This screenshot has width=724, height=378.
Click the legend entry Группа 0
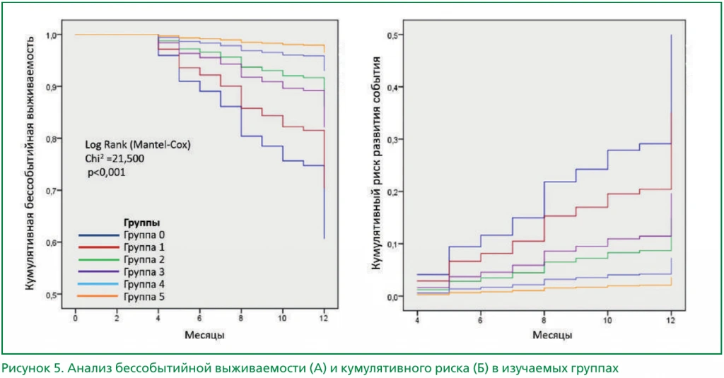(144, 235)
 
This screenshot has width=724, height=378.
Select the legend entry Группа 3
(144, 272)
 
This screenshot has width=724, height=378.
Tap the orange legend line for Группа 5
(98, 296)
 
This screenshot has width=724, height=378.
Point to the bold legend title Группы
(141, 223)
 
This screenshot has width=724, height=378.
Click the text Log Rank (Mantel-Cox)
(138, 145)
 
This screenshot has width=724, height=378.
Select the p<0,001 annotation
(106, 172)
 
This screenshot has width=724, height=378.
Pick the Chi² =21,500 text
(115, 159)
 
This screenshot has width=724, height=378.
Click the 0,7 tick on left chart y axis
(51, 191)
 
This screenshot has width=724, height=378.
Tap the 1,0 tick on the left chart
(51, 35)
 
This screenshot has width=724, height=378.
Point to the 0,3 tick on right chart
(393, 139)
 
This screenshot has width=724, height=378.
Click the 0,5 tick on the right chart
(393, 35)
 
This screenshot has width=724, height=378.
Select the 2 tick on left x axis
(117, 319)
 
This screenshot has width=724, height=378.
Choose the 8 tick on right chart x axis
(544, 321)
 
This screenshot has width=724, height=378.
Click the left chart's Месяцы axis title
(204, 335)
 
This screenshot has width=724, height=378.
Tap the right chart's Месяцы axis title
(552, 335)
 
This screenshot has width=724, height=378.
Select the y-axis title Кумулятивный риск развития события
(376, 163)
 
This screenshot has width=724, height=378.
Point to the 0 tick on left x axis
(75, 319)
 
